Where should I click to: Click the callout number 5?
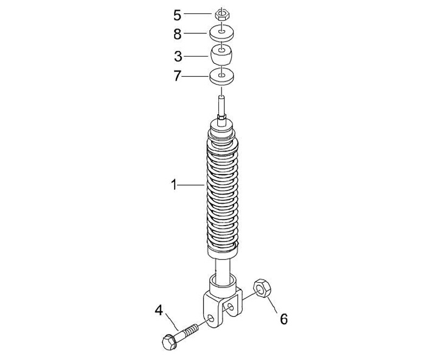[x=177, y=15]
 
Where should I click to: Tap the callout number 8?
[x=178, y=34]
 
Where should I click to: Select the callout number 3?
[x=178, y=57]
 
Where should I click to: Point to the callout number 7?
[x=177, y=76]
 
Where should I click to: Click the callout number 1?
[x=174, y=185]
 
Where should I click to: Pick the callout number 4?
[x=159, y=311]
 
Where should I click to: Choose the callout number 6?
[x=284, y=319]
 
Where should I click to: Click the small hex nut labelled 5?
[x=222, y=14]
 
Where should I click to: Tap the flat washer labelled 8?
[x=222, y=33]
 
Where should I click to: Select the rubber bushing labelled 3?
[x=222, y=55]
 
